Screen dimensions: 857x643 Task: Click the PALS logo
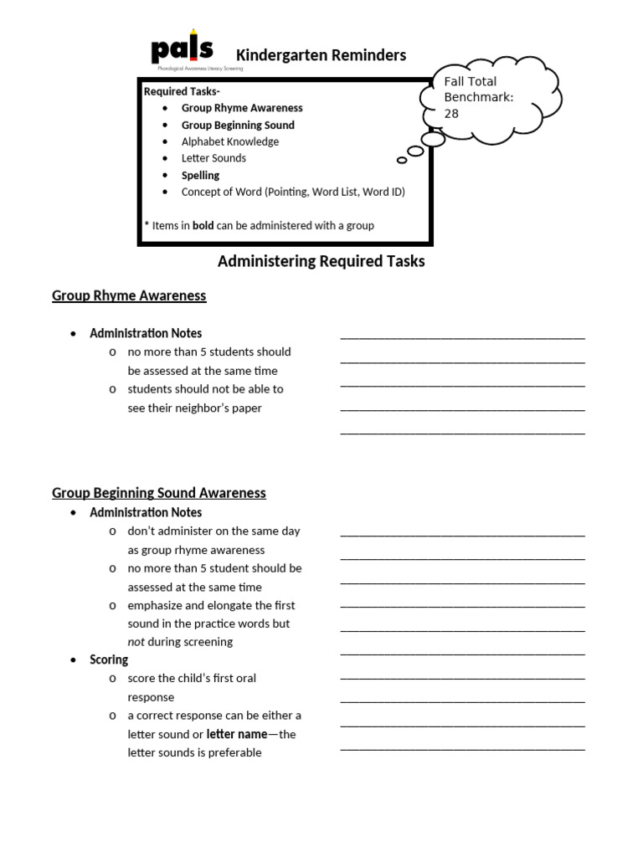pyautogui.click(x=183, y=51)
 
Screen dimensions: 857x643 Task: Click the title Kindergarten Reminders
pyautogui.click(x=321, y=55)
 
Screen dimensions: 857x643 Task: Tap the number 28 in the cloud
pyautogui.click(x=451, y=114)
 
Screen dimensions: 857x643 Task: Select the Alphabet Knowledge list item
pyautogui.click(x=230, y=141)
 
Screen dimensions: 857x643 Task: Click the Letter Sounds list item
pyautogui.click(x=213, y=158)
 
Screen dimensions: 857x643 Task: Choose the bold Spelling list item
pyautogui.click(x=200, y=175)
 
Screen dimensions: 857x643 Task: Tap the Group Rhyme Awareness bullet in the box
pyautogui.click(x=242, y=108)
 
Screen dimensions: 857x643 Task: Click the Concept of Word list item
pyautogui.click(x=293, y=192)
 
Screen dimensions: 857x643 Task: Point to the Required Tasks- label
pyautogui.click(x=182, y=91)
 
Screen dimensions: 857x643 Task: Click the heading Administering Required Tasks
pyautogui.click(x=321, y=261)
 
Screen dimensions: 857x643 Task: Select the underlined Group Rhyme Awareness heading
pyautogui.click(x=129, y=295)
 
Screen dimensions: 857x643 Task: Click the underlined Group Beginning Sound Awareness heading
pyautogui.click(x=159, y=493)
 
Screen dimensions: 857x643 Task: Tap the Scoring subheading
pyautogui.click(x=109, y=659)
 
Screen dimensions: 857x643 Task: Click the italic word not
pyautogui.click(x=136, y=642)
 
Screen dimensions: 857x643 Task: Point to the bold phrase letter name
pyautogui.click(x=236, y=734)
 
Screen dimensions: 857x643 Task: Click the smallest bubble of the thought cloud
pyautogui.click(x=402, y=160)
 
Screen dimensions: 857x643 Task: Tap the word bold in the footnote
pyautogui.click(x=203, y=225)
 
